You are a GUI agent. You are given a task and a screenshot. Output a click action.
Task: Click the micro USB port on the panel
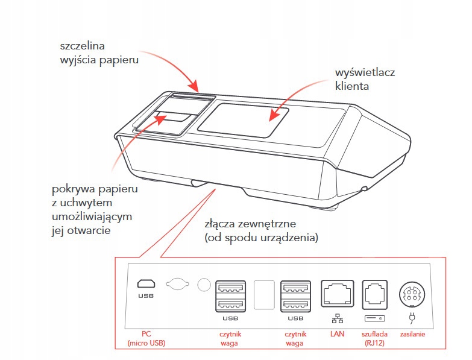point(145,284)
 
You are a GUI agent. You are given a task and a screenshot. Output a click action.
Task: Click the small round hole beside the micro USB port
point(204,284)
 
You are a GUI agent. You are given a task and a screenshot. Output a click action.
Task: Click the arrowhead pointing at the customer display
point(271,116)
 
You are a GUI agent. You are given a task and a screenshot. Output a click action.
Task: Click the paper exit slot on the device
point(192,96)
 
